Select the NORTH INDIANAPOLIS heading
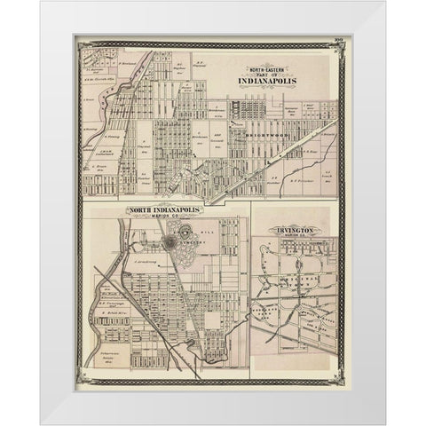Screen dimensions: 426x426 [x=165, y=211]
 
